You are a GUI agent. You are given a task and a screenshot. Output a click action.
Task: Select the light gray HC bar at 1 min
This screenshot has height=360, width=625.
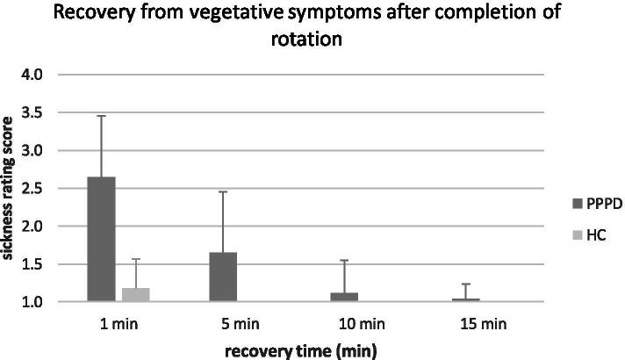[137, 294]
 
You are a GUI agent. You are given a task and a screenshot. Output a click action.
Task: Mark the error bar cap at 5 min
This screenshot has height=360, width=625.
[223, 191]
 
